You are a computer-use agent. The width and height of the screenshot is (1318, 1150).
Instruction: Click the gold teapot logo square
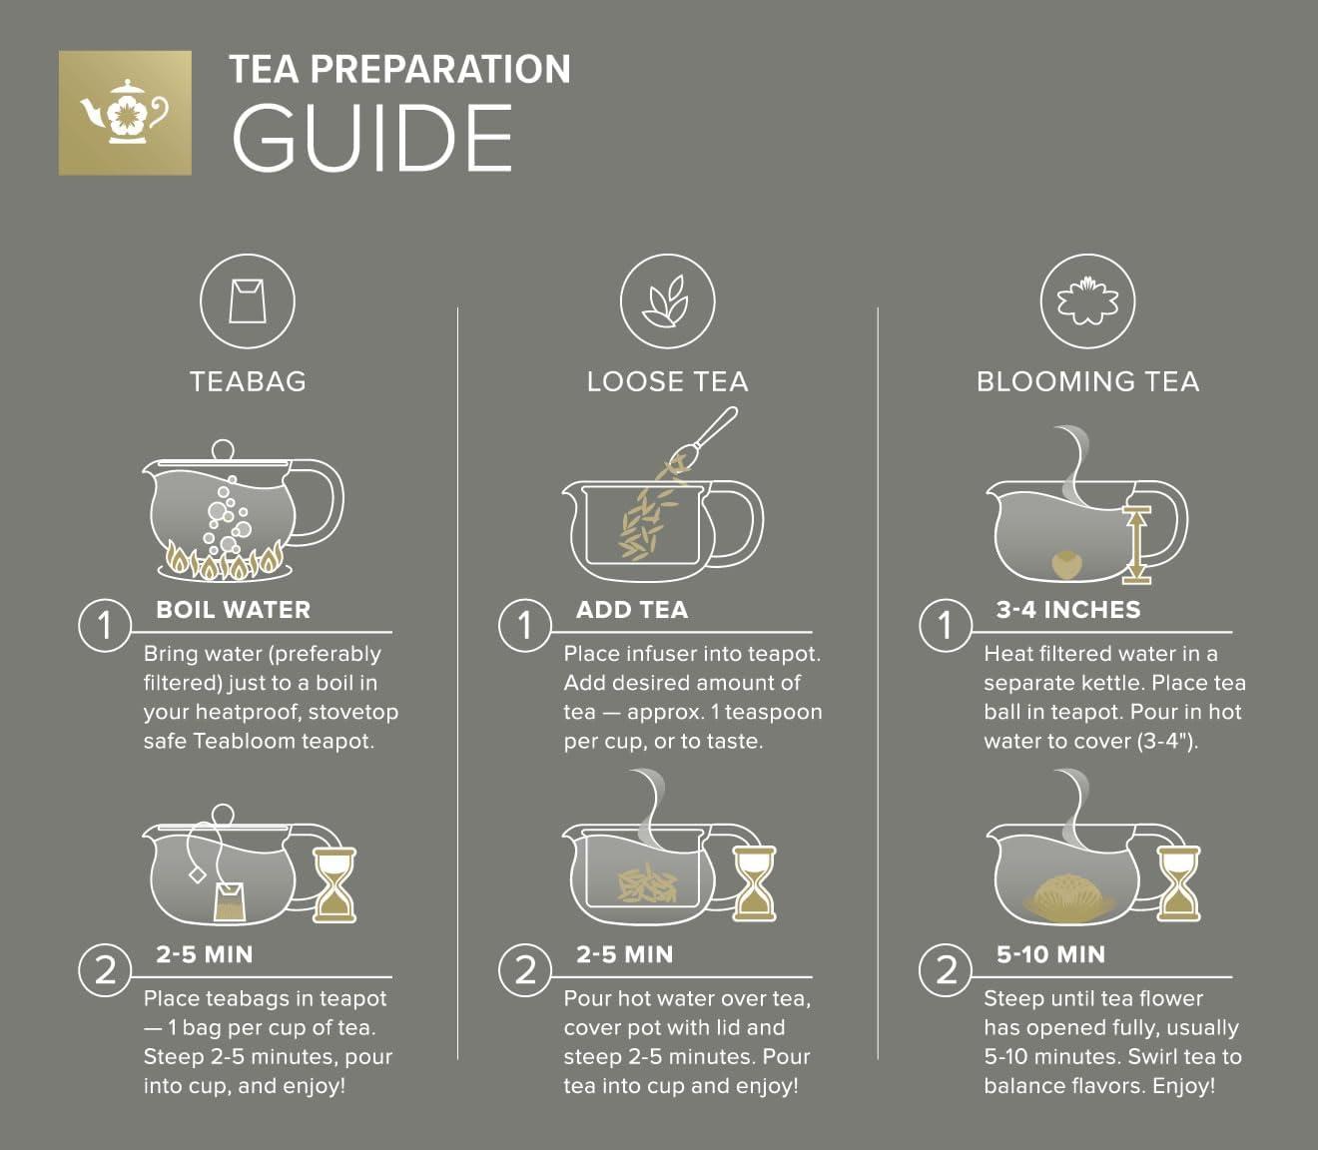[x=125, y=113]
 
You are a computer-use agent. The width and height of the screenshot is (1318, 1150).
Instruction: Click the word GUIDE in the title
[x=372, y=140]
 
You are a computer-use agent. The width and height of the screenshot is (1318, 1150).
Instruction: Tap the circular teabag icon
[x=247, y=300]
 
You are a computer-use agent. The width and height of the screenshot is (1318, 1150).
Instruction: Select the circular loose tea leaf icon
[x=667, y=300]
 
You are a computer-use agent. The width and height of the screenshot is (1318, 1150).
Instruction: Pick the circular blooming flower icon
[x=1087, y=300]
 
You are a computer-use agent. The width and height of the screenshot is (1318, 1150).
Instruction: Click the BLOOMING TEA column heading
[x=1087, y=381]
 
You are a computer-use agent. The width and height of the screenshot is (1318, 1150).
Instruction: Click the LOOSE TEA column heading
[x=667, y=381]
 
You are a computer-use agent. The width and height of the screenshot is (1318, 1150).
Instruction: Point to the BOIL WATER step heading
[x=233, y=610]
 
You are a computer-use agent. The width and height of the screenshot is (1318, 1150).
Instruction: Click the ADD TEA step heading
[x=631, y=610]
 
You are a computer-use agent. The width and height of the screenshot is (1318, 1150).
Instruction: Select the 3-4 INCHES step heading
[x=1067, y=610]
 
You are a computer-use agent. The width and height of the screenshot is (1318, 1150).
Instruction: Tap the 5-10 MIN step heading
[x=1050, y=954]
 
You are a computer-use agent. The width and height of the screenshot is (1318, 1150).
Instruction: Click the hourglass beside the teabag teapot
[x=334, y=884]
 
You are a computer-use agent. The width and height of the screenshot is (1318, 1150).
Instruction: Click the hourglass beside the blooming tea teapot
[x=1178, y=884]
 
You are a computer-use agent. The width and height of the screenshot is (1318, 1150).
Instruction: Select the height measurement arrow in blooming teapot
[x=1137, y=544]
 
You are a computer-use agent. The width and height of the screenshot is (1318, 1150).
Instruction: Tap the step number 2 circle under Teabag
[x=105, y=969]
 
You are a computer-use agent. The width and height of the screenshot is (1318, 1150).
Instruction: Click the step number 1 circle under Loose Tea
[x=525, y=625]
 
